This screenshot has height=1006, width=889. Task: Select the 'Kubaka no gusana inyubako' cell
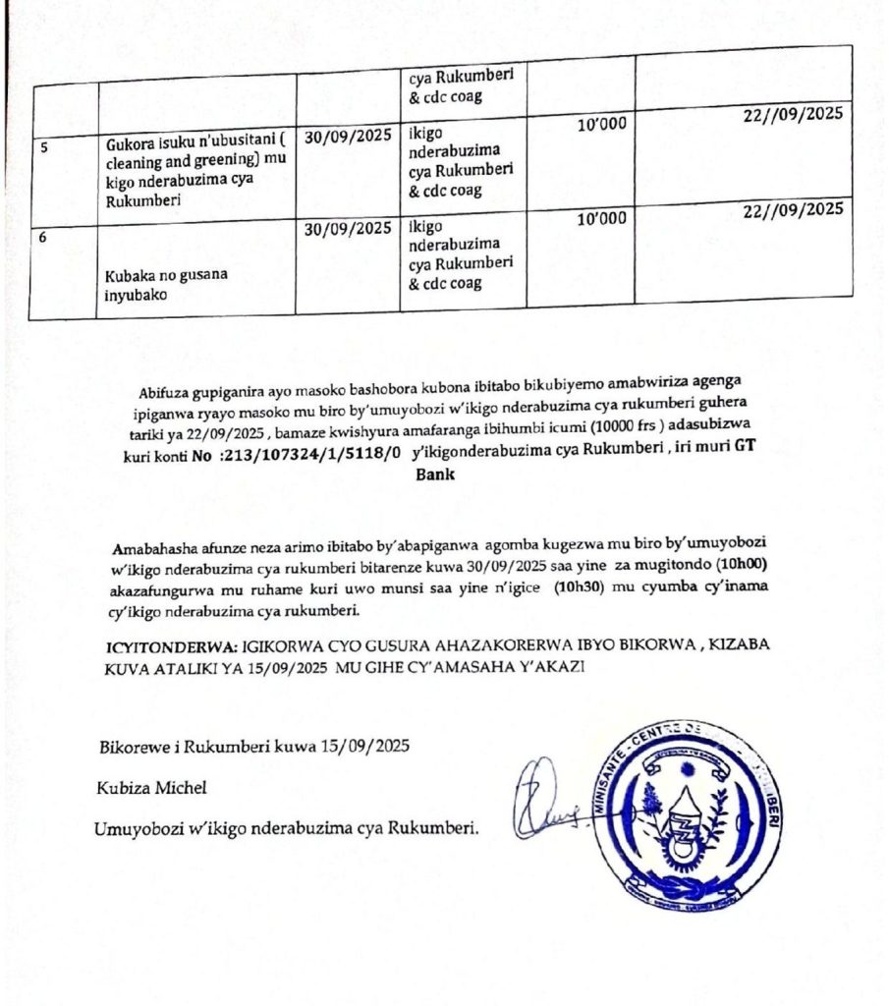pos(166,283)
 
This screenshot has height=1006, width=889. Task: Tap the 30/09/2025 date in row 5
pos(348,138)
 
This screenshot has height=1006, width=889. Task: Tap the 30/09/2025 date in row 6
pos(348,229)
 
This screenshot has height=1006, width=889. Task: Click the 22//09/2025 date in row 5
pos(793,114)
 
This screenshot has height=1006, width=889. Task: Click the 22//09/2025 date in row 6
pos(793,208)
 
